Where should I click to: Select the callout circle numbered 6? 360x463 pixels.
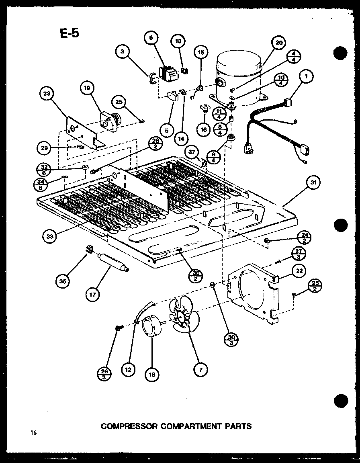(151, 37)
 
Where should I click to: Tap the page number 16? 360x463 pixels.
(32, 433)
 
